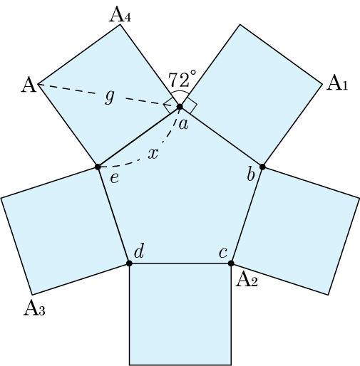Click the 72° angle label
point(182,79)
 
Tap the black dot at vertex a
point(180,107)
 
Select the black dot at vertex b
point(262,167)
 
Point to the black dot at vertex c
point(231,263)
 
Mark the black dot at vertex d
point(129,263)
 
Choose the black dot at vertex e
point(98,167)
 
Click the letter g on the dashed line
point(110,97)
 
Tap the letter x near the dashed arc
point(153,154)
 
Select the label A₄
point(120,15)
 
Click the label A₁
point(337,83)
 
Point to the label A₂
point(247,279)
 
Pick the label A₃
point(34,308)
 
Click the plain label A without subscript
point(29,85)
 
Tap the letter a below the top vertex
point(184,124)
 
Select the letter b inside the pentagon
point(251,174)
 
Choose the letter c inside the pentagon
point(223,253)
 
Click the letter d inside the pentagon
point(139,251)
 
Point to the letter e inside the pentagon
point(114,178)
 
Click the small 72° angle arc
point(180,91)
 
